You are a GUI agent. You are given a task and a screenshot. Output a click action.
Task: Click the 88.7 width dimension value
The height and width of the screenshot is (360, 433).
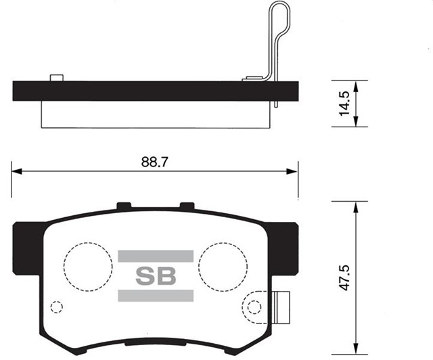click(155, 162)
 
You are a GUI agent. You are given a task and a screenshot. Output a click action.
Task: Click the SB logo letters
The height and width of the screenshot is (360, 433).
click(156, 276)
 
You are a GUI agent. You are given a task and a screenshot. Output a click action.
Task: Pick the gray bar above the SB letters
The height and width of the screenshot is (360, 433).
click(156, 256)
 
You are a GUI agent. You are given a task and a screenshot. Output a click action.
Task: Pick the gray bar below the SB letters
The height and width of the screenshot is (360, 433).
click(156, 296)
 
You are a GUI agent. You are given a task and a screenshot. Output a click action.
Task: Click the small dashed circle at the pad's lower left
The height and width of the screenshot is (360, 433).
click(57, 307)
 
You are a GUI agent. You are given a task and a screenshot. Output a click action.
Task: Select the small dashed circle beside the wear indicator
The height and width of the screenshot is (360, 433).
click(254, 307)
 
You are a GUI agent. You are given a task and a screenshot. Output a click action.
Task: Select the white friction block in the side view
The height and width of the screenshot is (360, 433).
click(156, 114)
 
